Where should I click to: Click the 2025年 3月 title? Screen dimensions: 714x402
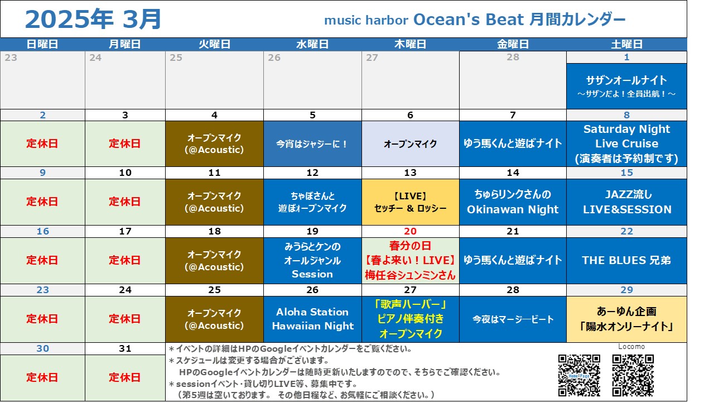[x=93, y=19]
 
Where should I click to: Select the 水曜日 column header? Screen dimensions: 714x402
[x=312, y=44]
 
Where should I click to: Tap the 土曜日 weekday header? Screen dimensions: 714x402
[x=626, y=44]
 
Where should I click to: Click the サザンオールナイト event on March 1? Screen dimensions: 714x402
[x=626, y=86]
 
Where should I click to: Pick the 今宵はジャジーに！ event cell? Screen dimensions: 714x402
[x=312, y=144]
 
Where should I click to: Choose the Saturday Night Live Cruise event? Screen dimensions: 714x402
[x=626, y=144]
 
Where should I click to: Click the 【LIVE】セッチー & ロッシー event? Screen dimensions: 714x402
[x=410, y=202]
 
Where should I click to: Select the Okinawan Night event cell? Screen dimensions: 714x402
[x=513, y=202]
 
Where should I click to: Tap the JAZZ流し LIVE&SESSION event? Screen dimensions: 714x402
[x=626, y=202]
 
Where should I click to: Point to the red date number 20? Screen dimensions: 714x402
[x=410, y=231]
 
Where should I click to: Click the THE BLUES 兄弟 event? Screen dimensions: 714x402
[x=626, y=261]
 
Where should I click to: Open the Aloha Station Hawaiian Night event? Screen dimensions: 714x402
[x=312, y=319]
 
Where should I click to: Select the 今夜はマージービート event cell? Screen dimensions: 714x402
[x=513, y=319]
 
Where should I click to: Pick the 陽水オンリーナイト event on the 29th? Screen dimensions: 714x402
[x=626, y=319]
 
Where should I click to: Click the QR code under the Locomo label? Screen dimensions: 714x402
[x=633, y=375]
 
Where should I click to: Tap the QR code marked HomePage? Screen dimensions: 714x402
[x=579, y=375]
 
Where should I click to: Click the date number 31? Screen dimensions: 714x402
[x=125, y=348]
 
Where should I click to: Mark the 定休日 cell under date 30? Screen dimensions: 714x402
[x=42, y=378]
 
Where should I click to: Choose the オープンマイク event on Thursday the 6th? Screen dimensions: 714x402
[x=410, y=144]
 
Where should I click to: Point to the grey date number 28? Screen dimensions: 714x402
[x=513, y=57]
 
